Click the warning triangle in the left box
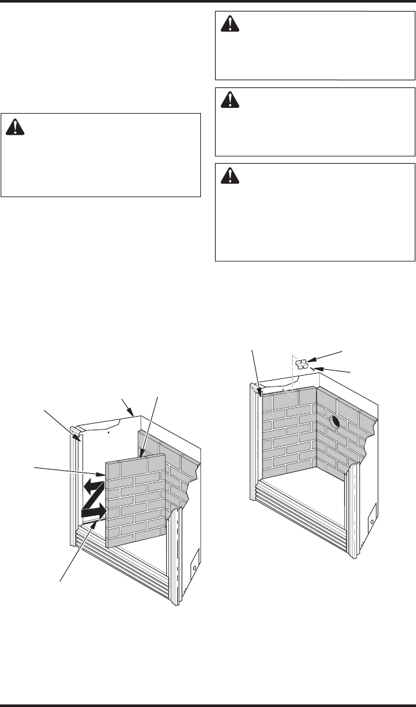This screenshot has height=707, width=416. click(x=13, y=128)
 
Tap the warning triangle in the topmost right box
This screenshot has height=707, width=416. click(x=229, y=24)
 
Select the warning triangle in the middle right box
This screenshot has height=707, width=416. click(x=229, y=100)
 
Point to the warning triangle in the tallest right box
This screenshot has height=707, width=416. click(x=229, y=175)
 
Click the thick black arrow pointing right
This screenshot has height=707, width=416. click(x=94, y=512)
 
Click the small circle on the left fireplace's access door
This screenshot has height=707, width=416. click(x=196, y=569)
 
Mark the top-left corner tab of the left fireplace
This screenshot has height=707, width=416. click(x=74, y=432)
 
